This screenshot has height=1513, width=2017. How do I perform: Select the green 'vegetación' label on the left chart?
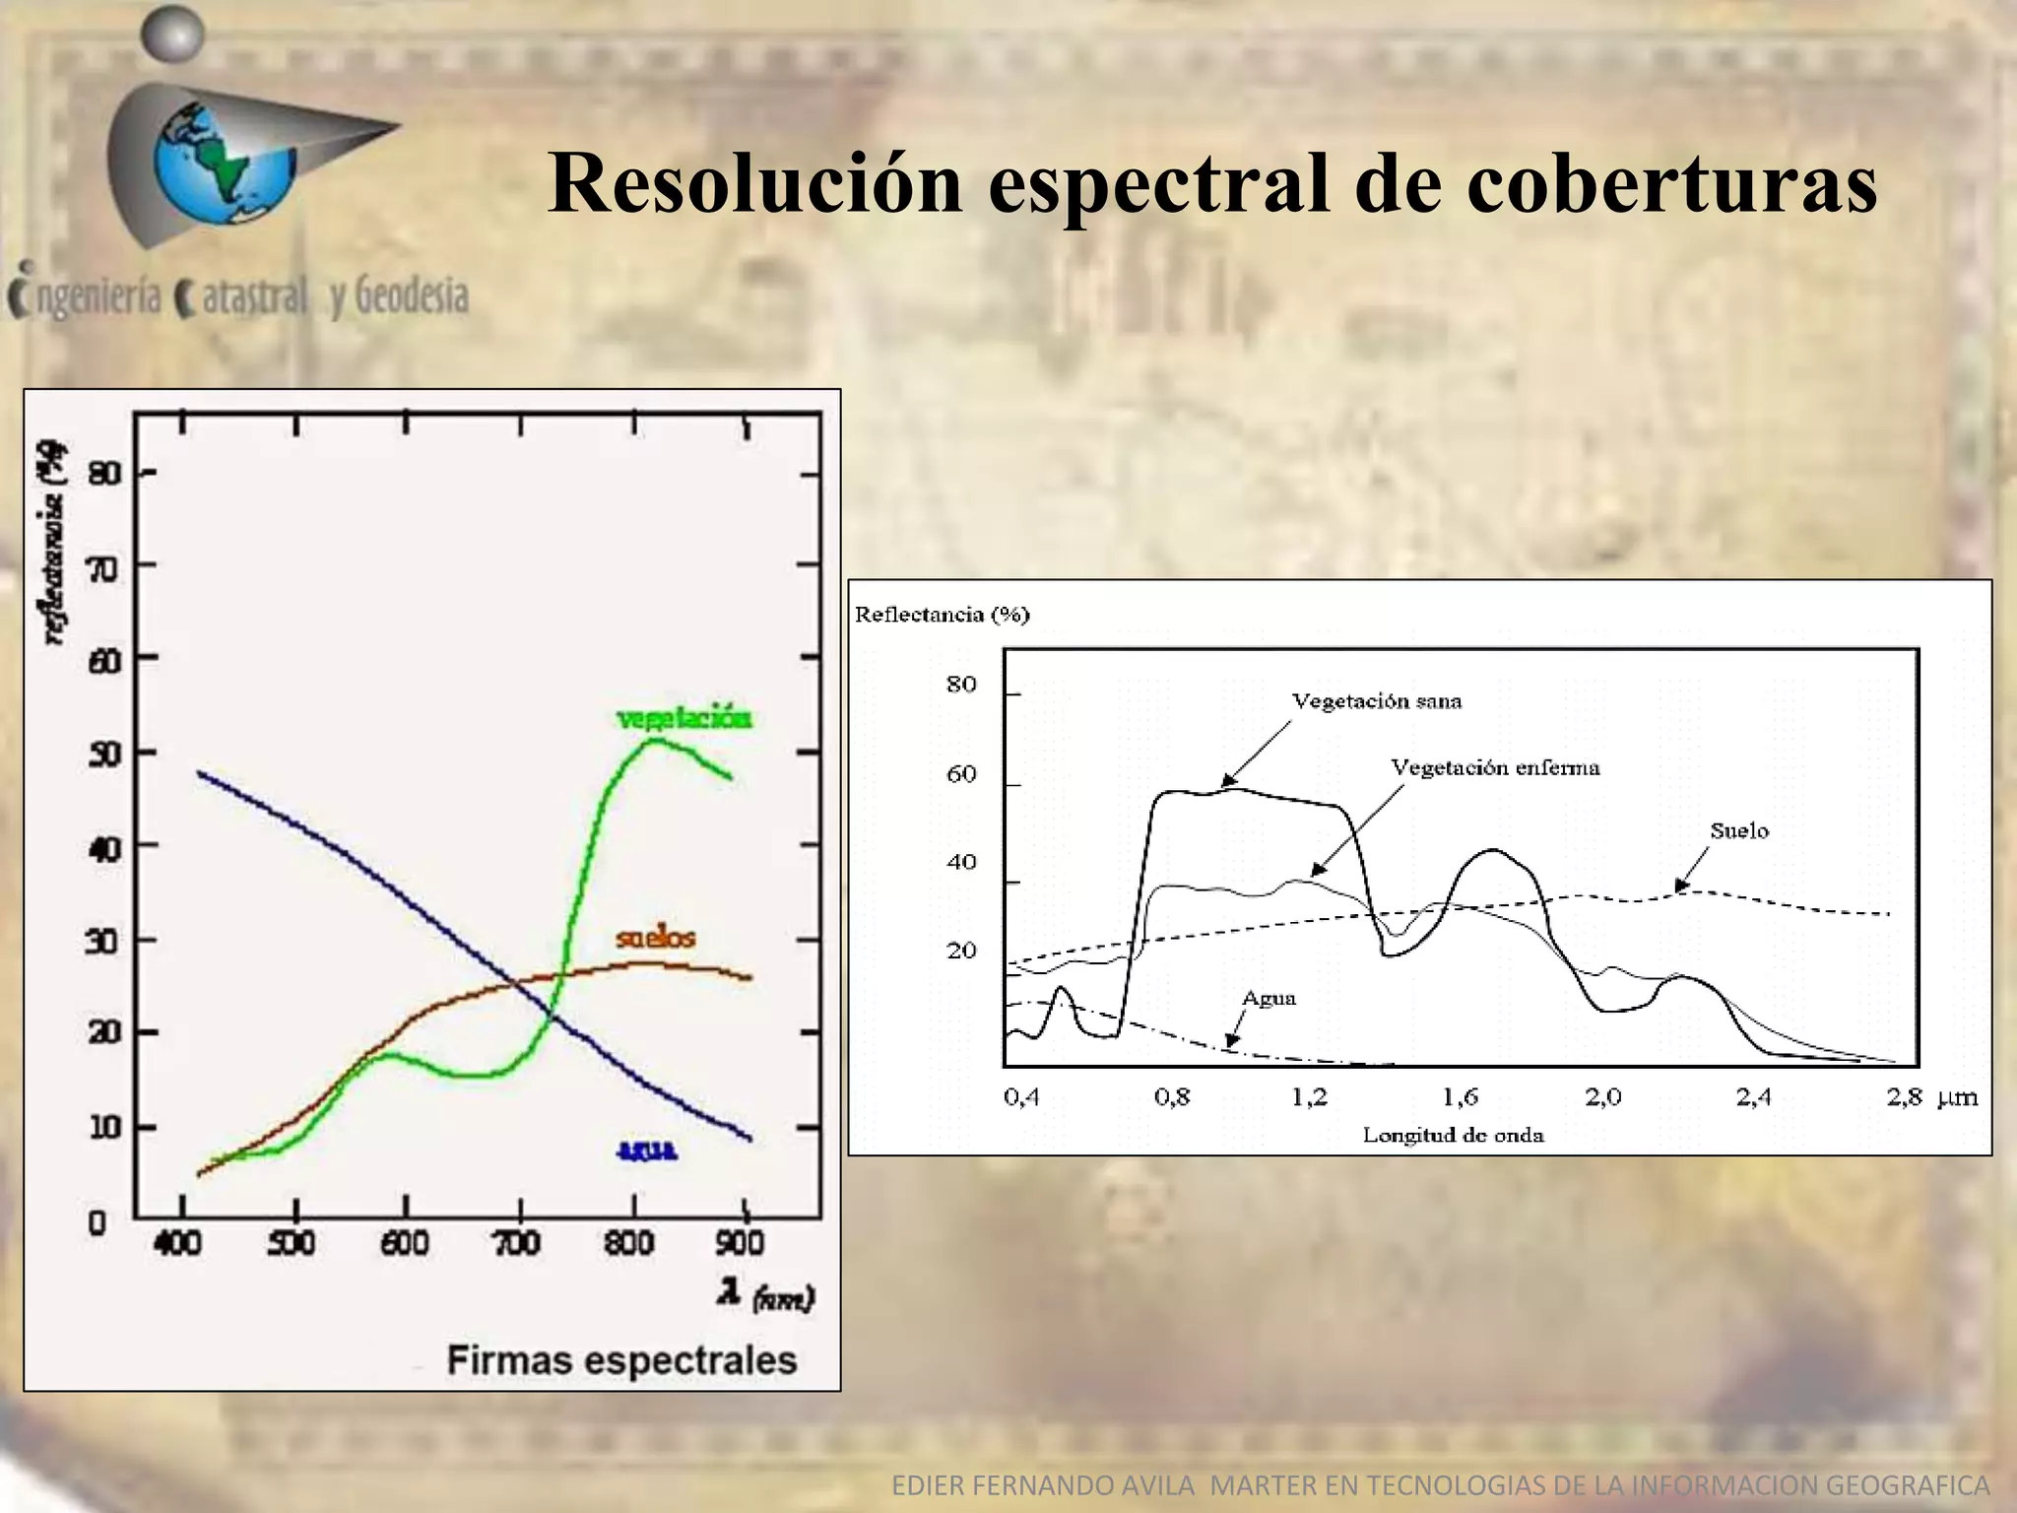pos(684,718)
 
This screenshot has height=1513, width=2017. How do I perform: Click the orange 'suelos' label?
pos(656,937)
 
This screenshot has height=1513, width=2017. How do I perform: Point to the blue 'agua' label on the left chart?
pos(647,1150)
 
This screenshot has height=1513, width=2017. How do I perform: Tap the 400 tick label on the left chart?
pos(178,1243)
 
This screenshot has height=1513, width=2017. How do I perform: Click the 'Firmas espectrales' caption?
pos(621,1360)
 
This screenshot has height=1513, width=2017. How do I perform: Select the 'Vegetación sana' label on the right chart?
pos(1377,701)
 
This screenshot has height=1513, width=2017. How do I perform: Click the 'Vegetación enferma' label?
pos(1495,767)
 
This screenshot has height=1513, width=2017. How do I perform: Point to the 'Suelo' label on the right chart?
pos(1739,831)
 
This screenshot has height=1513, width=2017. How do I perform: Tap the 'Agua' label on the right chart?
pos(1269,999)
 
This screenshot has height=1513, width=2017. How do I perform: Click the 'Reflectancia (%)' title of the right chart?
pos(942,615)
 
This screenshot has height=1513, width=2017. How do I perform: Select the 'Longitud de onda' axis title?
pos(1453,1136)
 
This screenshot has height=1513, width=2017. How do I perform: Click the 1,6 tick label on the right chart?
pos(1461,1097)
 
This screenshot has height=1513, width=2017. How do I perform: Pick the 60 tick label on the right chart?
pos(961,774)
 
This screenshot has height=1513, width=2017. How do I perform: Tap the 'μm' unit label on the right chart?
pos(1957,1097)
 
